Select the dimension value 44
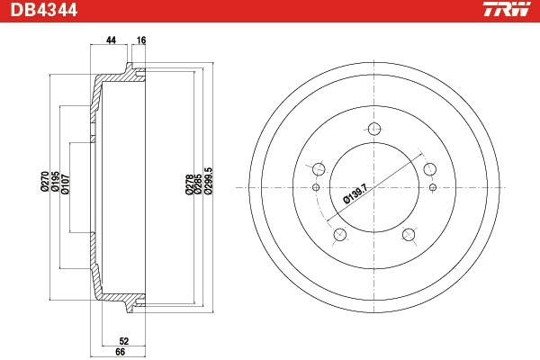pyautogui.click(x=112, y=41)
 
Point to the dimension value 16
pyautogui.click(x=140, y=41)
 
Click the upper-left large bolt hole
pyautogui.click(x=317, y=167)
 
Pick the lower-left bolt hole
pyautogui.click(x=339, y=235)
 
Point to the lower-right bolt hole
pyautogui.click(x=408, y=235)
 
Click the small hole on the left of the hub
pyautogui.click(x=315, y=187)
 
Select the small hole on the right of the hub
pyautogui.click(x=433, y=187)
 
